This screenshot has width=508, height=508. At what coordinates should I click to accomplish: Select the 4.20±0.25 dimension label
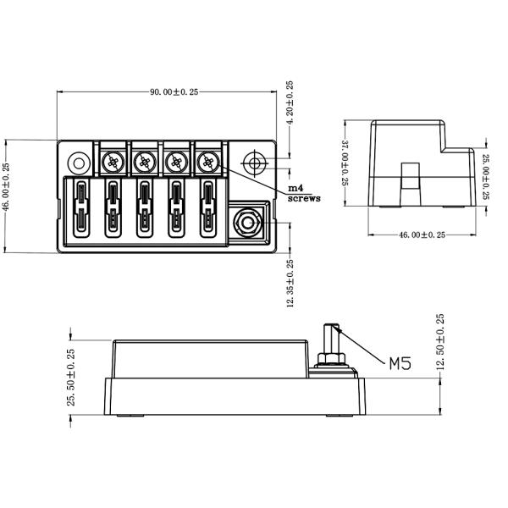click(x=290, y=103)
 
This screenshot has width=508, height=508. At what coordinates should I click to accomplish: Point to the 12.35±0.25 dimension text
click(x=290, y=284)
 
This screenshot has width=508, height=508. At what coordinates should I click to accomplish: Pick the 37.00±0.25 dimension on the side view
click(x=345, y=163)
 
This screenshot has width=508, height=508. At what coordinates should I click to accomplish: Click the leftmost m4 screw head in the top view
click(x=113, y=161)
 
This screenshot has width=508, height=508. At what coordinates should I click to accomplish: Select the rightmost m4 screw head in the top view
click(x=207, y=160)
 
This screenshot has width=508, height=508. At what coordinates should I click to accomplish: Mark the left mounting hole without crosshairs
click(x=77, y=161)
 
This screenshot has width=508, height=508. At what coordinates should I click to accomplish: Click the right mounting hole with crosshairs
click(x=254, y=161)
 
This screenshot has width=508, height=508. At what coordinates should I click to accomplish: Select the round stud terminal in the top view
click(x=247, y=223)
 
